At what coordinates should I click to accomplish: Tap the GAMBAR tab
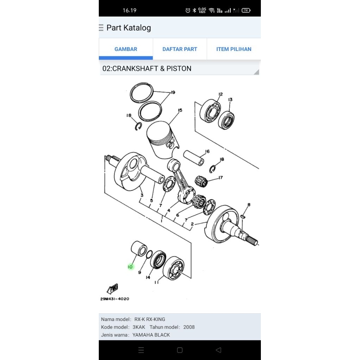point(126,49)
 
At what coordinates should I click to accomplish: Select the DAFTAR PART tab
point(180,49)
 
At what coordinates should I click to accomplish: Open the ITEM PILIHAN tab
point(234,49)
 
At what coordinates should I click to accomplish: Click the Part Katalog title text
point(129,28)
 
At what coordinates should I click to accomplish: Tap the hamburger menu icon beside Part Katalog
point(101,28)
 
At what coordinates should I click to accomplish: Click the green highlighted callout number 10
point(130,267)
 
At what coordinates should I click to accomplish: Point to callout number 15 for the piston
point(180,110)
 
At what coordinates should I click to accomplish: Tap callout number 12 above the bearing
point(220,94)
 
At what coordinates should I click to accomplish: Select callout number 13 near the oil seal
point(230,100)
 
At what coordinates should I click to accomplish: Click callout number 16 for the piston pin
point(207,152)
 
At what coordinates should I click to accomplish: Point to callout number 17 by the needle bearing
point(220,178)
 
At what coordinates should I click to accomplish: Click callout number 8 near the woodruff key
point(249,205)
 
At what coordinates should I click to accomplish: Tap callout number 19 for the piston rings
point(173,92)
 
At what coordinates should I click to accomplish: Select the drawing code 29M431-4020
point(115,299)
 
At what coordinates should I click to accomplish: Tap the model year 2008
point(189,327)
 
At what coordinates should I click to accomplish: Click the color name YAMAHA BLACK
point(151,335)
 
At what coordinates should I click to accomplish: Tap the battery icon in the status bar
point(246,10)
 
